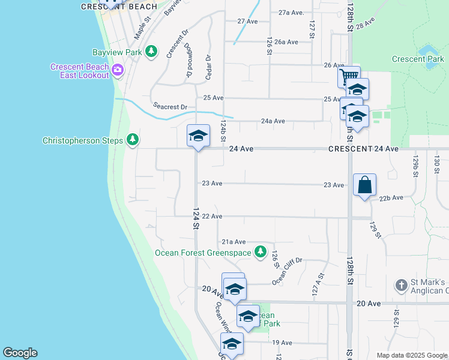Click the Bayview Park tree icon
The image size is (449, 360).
click(152, 52)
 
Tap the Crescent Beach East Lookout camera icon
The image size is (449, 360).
click(117, 70)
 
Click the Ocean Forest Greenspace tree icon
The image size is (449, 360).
click(260, 252)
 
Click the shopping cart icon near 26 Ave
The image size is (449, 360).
click(348, 77)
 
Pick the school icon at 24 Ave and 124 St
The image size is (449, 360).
click(197, 136)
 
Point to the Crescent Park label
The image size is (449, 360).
click(418, 59)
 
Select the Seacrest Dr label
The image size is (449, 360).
click(170, 107)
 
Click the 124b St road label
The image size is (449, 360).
click(223, 130)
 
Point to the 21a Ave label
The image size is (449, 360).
click(234, 241)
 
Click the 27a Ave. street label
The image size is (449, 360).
click(291, 12)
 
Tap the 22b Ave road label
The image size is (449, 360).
click(391, 197)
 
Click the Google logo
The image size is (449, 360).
click(20, 353)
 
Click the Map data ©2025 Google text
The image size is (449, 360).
click(411, 355)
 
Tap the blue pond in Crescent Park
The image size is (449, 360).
click(428, 49)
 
